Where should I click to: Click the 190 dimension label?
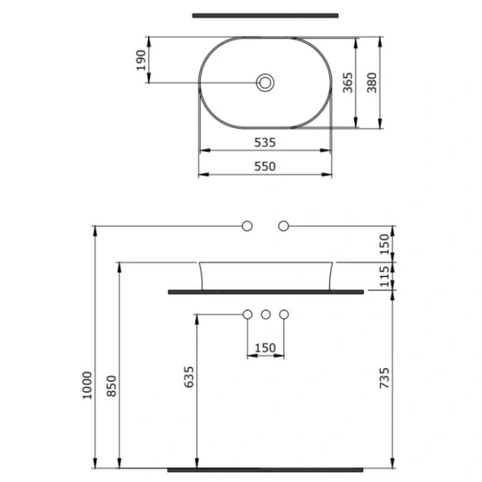pyautogui.click(x=141, y=60)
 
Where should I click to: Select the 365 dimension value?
pyautogui.click(x=347, y=82)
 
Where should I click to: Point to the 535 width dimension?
pyautogui.click(x=265, y=142)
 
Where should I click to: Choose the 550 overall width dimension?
pyautogui.click(x=265, y=166)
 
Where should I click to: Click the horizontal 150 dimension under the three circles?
pyautogui.click(x=265, y=348)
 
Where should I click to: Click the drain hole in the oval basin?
pyautogui.click(x=265, y=82)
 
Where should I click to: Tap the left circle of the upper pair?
pyautogui.click(x=247, y=226)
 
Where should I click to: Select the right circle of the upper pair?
pyautogui.click(x=283, y=226)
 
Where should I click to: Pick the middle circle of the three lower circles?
pyautogui.click(x=265, y=314)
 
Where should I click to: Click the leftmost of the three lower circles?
pyautogui.click(x=247, y=314)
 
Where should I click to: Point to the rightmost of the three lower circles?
pyautogui.click(x=283, y=314)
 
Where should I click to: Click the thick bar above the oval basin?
pyautogui.click(x=265, y=14)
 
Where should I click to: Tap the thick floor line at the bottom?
pyautogui.click(x=265, y=468)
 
